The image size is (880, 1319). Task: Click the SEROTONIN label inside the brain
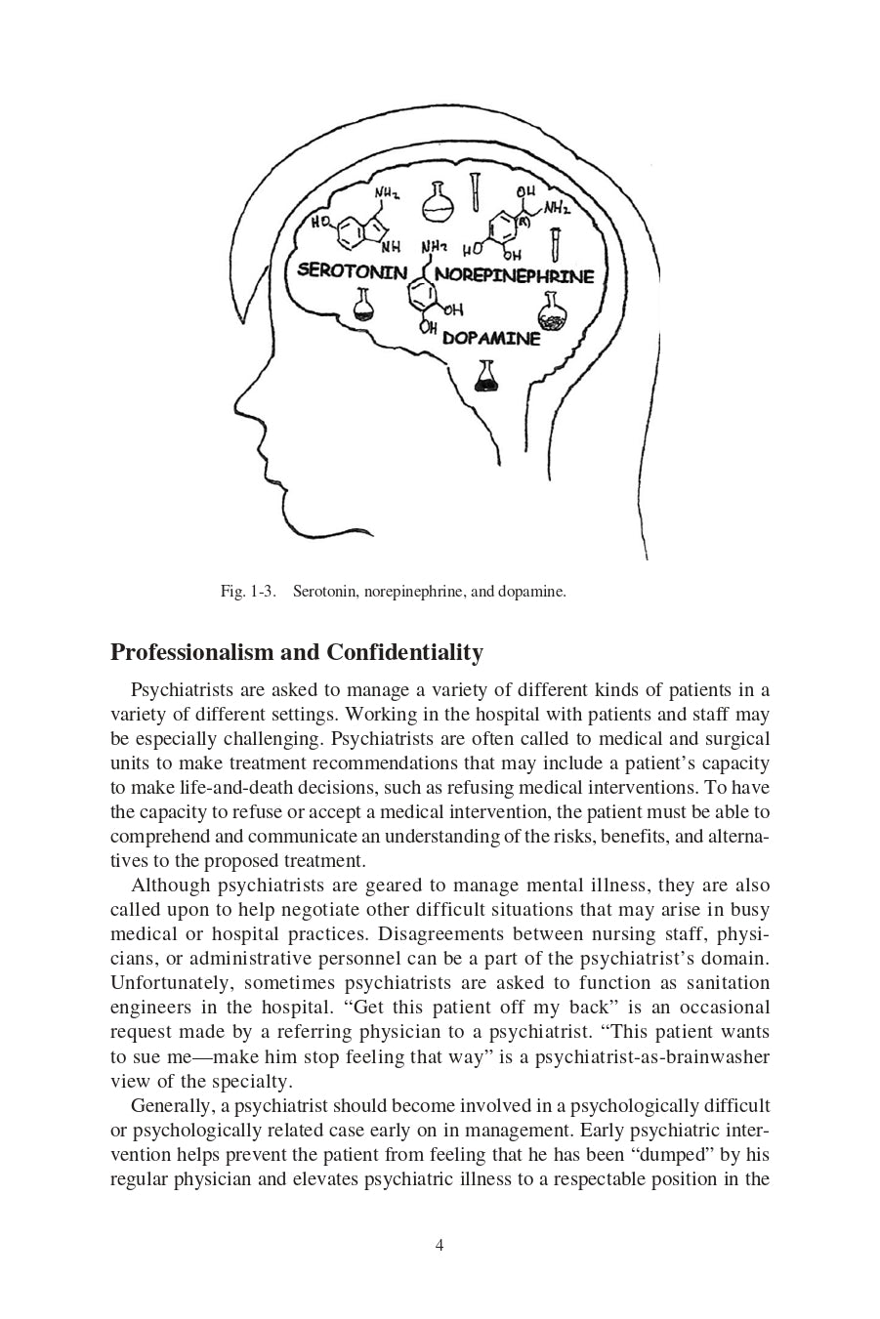pos(351,271)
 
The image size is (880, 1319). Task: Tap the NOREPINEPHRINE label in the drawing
pos(514,275)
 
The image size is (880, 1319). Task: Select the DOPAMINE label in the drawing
pos(490,339)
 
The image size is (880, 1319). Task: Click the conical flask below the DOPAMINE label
pos(485,376)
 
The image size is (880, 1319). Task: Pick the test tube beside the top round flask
pos(476,191)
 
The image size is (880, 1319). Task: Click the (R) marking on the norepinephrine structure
pos(524,222)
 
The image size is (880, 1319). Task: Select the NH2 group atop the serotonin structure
pos(387,194)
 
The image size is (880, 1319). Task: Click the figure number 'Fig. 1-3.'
pos(248,592)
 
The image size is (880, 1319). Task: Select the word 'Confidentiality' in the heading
pos(404,652)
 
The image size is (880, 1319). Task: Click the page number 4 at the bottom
pos(440,1245)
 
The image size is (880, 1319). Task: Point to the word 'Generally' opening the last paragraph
pos(171,1106)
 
